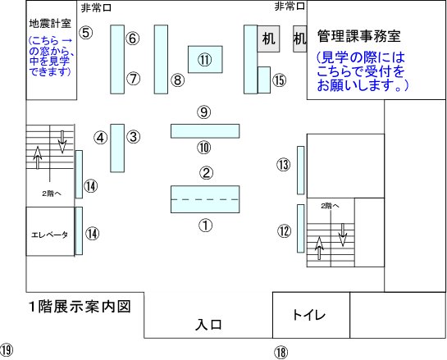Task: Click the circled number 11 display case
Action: tap(205, 59)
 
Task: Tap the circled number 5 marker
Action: tap(86, 33)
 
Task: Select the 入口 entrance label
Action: tap(208, 325)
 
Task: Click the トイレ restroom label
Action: tap(309, 315)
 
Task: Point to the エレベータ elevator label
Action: tap(49, 235)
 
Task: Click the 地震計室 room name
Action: tap(50, 24)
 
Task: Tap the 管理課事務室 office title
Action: tap(359, 36)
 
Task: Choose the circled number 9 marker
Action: tap(204, 112)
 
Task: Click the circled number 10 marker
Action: tap(204, 148)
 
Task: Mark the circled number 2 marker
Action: tap(206, 173)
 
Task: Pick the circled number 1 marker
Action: tap(206, 226)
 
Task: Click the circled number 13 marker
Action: tap(284, 165)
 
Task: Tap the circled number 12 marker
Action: tap(285, 231)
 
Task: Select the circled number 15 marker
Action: tap(280, 80)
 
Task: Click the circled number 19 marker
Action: tap(7, 349)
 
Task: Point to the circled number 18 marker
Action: tap(281, 353)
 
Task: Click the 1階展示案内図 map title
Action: tap(80, 307)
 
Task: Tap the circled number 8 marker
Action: tap(178, 80)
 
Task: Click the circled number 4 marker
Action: tap(100, 138)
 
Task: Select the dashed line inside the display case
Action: tap(205, 199)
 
